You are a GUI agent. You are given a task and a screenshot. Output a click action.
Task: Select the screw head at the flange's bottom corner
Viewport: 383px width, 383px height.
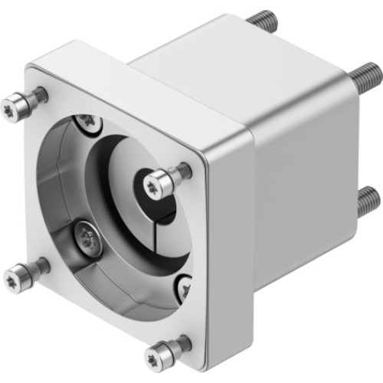155,355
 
